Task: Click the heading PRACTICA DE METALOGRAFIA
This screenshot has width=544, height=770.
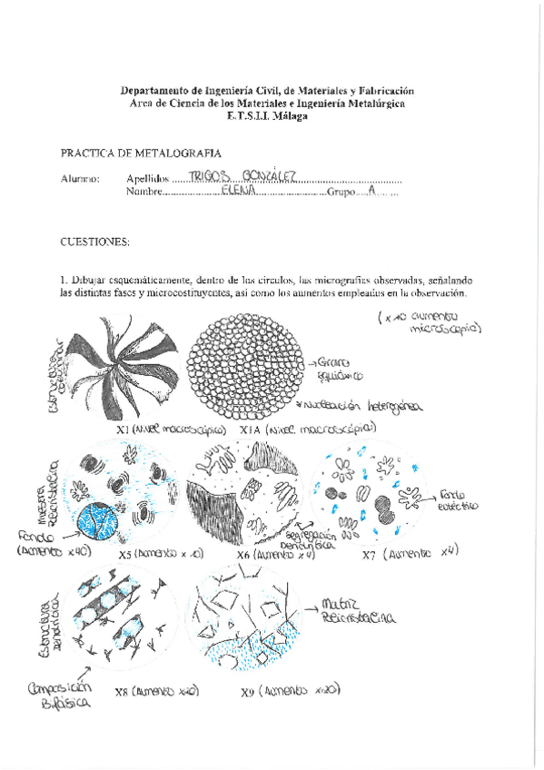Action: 141,153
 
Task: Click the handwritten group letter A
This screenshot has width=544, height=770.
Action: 370,192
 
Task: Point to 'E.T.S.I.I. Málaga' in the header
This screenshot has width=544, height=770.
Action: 267,116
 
